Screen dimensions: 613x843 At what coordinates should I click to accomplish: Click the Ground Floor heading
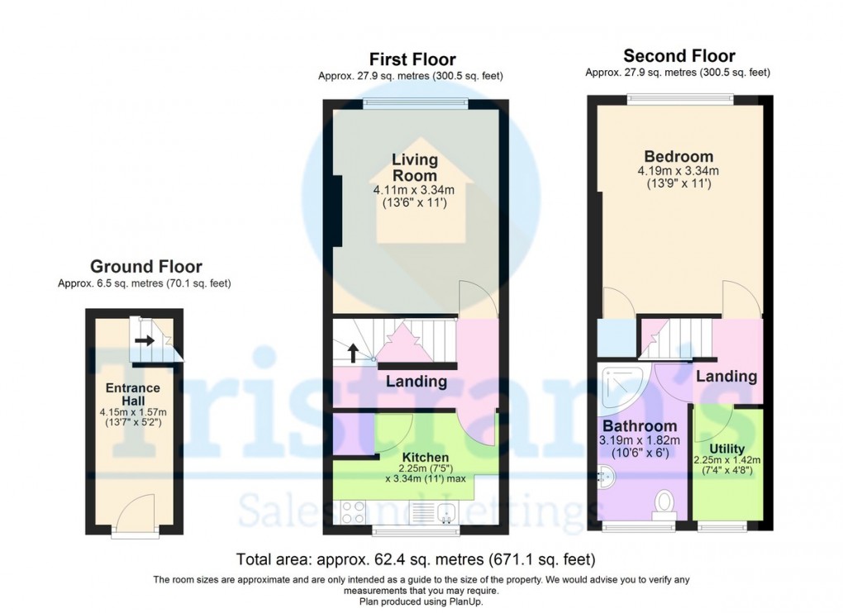145,266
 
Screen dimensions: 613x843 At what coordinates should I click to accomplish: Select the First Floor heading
412,59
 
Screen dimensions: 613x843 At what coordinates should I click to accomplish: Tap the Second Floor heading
679,56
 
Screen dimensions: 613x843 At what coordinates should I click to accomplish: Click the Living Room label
415,167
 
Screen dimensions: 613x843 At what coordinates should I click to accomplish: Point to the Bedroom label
679,157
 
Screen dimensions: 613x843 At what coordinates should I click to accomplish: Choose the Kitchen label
426,457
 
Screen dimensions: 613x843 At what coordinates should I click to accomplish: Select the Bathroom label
634,425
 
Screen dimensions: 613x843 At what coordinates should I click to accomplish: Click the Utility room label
726,449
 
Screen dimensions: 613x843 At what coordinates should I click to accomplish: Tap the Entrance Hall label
132,394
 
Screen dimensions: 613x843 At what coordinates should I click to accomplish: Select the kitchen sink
446,512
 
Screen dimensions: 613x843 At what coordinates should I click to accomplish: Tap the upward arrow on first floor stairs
353,353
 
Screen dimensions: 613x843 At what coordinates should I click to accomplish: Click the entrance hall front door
134,520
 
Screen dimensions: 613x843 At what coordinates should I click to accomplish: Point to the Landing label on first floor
417,382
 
